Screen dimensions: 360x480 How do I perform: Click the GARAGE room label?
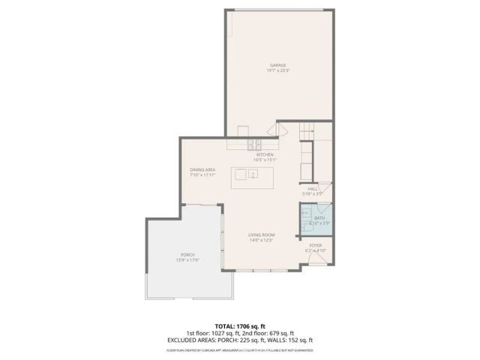pos(278,65)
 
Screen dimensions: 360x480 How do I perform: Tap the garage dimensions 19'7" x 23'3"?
pos(278,70)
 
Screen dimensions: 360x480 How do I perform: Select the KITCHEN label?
pos(265,154)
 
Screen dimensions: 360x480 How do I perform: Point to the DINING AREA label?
pos(202,169)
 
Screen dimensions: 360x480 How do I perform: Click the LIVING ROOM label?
pos(261,235)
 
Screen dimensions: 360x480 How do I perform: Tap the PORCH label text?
pos(187,255)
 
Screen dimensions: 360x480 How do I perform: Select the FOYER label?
pos(316,244)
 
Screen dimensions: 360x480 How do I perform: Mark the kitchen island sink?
pos(253,174)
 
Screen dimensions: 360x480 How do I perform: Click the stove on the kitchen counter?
pos(255,143)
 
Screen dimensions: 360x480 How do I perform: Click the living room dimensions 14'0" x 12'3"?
pos(261,240)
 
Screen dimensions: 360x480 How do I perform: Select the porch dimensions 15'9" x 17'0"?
pos(187,260)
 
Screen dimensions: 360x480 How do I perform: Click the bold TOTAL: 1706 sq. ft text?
pos(240,326)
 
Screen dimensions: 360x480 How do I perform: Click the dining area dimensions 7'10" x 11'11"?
pos(202,175)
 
